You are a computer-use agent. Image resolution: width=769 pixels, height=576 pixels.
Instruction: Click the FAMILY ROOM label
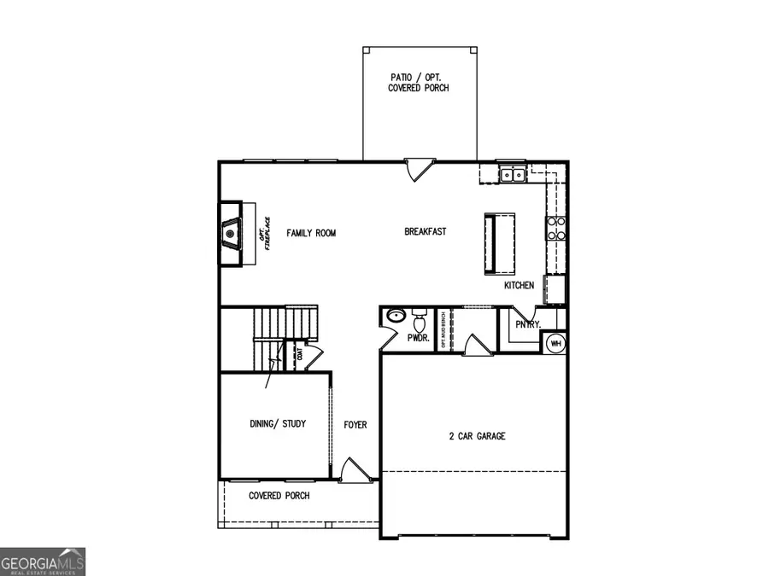pos(311,233)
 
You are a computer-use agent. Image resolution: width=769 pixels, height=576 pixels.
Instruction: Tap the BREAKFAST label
pos(425,231)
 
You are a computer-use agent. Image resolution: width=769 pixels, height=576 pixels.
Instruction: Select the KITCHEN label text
pos(519,286)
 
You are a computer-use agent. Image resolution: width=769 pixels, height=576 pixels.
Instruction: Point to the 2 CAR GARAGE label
pos(477,436)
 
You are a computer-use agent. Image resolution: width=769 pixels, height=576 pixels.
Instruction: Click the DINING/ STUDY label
pos(277,424)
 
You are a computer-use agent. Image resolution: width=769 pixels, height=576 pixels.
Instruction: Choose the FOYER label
pos(355,424)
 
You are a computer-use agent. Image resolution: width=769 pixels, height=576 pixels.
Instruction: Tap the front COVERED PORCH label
pos(279,496)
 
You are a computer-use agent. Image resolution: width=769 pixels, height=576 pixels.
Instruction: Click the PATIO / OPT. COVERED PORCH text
pos(418,83)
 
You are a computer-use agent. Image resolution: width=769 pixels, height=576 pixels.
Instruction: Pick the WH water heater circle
pos(555,343)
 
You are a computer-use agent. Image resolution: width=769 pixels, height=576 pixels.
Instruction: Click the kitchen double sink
pos(513,175)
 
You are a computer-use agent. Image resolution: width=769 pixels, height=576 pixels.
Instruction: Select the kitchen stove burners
pos(556,227)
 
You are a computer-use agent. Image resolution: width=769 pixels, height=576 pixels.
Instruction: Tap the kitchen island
pos(500,244)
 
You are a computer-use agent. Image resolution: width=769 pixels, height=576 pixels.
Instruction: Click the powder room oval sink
pos(394,317)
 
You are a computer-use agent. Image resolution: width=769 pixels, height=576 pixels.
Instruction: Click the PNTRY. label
pos(527,324)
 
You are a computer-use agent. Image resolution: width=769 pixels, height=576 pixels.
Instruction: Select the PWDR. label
pos(417,338)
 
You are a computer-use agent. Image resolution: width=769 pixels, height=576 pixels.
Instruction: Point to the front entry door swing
pos(352,470)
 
